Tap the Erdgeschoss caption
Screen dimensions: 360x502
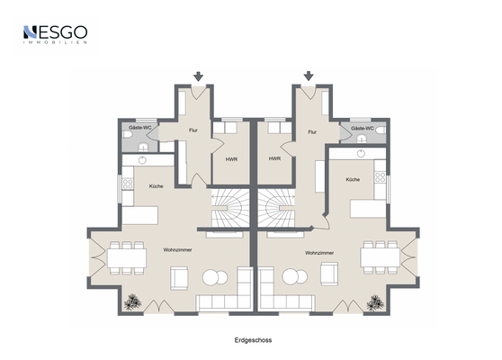(252, 341)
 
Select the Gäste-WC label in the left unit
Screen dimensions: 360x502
(139, 130)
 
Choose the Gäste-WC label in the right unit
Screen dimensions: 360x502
(363, 130)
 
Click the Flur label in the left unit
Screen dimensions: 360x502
(193, 131)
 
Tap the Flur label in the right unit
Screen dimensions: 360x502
(312, 131)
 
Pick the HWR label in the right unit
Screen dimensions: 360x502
(274, 158)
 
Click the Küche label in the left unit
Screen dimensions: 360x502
(156, 186)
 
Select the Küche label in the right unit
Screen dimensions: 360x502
(353, 180)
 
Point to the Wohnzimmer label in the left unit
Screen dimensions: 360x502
(177, 248)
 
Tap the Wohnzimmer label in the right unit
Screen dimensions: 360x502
(321, 254)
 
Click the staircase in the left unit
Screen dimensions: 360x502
(229, 210)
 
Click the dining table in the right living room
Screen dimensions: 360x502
(380, 257)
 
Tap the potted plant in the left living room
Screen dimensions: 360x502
(133, 301)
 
